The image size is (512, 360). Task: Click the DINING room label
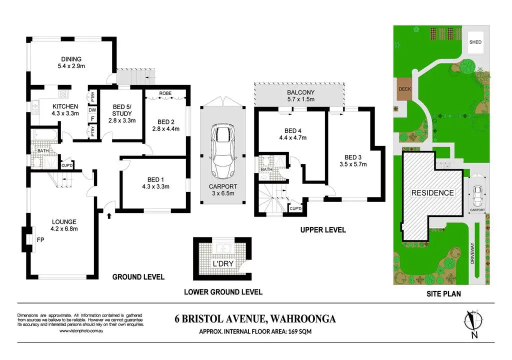tap(71, 59)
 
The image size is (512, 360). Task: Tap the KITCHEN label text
tap(65, 106)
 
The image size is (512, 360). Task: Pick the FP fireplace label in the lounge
tap(41, 240)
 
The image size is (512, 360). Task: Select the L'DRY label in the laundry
tap(223, 263)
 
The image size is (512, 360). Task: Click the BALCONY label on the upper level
tap(300, 92)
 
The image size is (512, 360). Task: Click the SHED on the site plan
tap(475, 42)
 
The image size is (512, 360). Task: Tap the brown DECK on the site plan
tap(403, 89)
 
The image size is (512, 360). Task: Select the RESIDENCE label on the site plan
tap(432, 192)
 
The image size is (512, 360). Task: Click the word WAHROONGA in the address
tap(302, 319)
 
